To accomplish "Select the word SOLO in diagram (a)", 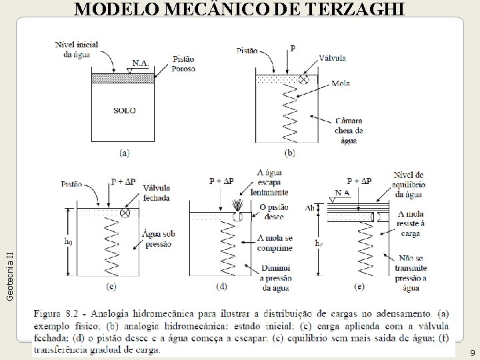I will [x=124, y=111].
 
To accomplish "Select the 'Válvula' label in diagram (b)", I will [x=331, y=58].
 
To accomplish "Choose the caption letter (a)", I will [x=125, y=153].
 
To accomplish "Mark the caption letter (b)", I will [x=290, y=153].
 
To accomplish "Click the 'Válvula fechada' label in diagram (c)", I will [x=156, y=193].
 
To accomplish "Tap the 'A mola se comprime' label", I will [x=274, y=243].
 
